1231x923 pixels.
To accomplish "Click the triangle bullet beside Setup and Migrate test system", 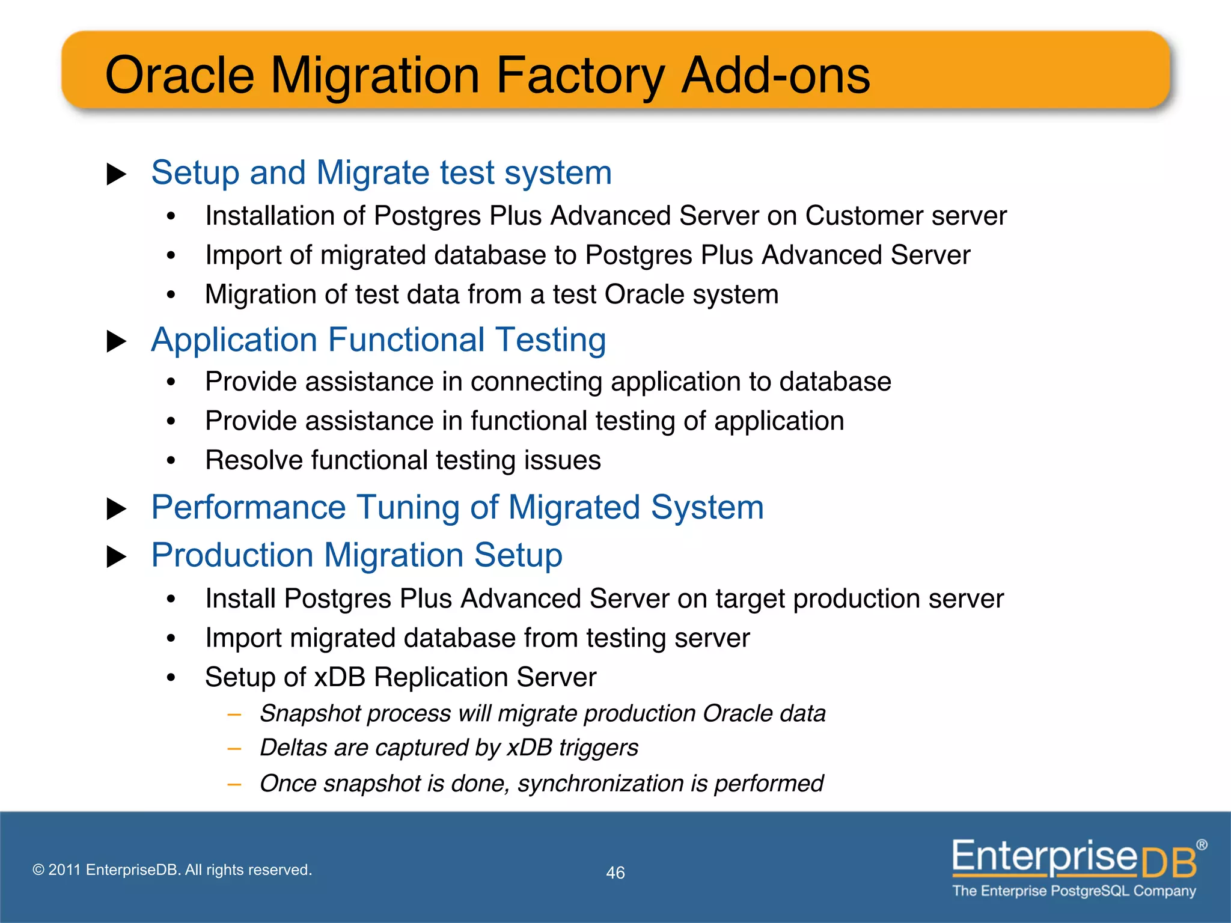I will pos(116,175).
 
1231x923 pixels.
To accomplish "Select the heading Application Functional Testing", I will pos(378,340).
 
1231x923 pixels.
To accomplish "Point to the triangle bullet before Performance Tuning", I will pos(116,509).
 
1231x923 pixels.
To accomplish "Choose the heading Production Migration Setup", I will pos(356,555).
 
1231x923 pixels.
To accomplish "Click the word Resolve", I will pos(253,460).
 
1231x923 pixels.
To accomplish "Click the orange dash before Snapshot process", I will pos(234,714).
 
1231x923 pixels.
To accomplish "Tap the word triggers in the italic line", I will pos(598,748).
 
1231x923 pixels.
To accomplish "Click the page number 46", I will pos(615,873).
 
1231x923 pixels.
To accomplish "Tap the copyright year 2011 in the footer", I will pos(64,870).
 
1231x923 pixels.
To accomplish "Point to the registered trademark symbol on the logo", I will pos(1201,845).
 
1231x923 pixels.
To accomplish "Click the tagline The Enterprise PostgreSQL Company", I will pos(1074,891).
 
